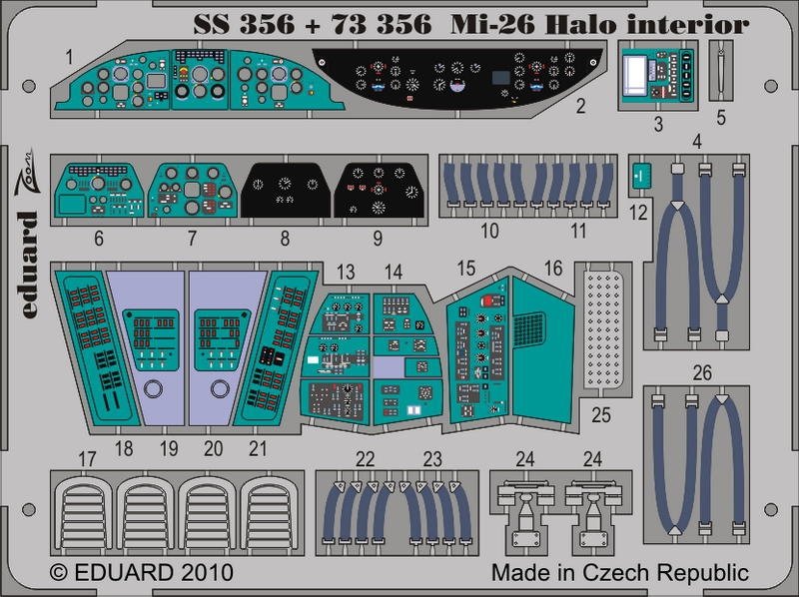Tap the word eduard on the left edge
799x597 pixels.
click(x=30, y=265)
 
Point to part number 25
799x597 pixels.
click(x=601, y=414)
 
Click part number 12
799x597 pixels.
click(x=638, y=212)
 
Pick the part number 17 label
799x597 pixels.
click(x=87, y=459)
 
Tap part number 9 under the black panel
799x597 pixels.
click(x=378, y=238)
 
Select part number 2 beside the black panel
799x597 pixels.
click(x=580, y=106)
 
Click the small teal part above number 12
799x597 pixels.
click(x=641, y=176)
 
